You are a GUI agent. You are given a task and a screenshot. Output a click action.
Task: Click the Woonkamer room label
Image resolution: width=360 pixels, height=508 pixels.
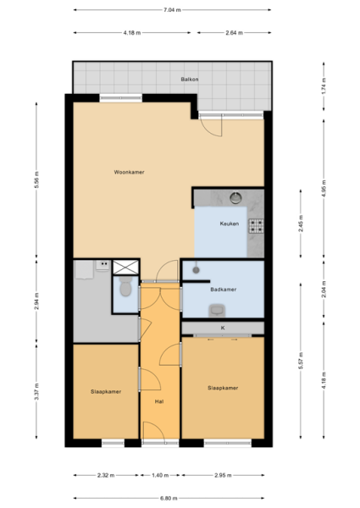[129, 172]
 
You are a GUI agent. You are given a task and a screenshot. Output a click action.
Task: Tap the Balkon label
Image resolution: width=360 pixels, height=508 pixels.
[190, 79]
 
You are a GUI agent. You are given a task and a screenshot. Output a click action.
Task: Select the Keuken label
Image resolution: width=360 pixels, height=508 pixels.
[230, 224]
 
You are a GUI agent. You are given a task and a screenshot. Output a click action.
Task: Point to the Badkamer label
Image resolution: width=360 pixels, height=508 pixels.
[224, 290]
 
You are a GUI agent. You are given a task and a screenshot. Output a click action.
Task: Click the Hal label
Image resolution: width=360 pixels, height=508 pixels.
[159, 401]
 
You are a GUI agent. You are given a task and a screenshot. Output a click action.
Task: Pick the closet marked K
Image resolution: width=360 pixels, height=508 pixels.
[223, 328]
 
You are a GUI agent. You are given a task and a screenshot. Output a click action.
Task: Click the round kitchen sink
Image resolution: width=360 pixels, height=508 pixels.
[235, 198]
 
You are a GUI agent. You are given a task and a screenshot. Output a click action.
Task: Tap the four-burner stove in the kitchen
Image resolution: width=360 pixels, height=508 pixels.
[256, 226]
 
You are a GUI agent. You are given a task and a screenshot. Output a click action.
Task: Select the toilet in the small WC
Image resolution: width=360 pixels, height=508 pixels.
[125, 286]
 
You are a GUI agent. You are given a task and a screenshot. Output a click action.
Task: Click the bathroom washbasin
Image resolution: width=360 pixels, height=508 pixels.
[217, 311]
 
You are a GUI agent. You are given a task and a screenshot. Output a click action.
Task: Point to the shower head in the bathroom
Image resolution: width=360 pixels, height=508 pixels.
[196, 269]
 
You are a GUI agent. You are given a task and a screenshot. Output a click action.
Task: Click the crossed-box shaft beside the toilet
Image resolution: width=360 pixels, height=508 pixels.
[125, 267]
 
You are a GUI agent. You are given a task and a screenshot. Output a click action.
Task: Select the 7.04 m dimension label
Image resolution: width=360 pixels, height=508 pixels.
[172, 9]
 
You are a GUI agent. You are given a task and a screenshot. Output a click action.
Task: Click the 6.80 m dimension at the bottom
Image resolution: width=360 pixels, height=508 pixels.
[169, 499]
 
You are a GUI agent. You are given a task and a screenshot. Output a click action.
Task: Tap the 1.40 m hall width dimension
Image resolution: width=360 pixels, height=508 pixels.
[160, 475]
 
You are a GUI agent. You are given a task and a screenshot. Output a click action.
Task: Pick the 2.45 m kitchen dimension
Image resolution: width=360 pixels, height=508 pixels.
[301, 224]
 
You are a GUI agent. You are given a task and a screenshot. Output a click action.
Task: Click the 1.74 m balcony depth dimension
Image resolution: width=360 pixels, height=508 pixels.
[324, 86]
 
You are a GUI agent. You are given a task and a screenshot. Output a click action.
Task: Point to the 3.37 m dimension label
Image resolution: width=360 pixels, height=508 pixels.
[36, 392]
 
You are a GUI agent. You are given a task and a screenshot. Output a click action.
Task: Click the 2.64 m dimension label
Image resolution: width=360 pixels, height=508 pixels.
[235, 33]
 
